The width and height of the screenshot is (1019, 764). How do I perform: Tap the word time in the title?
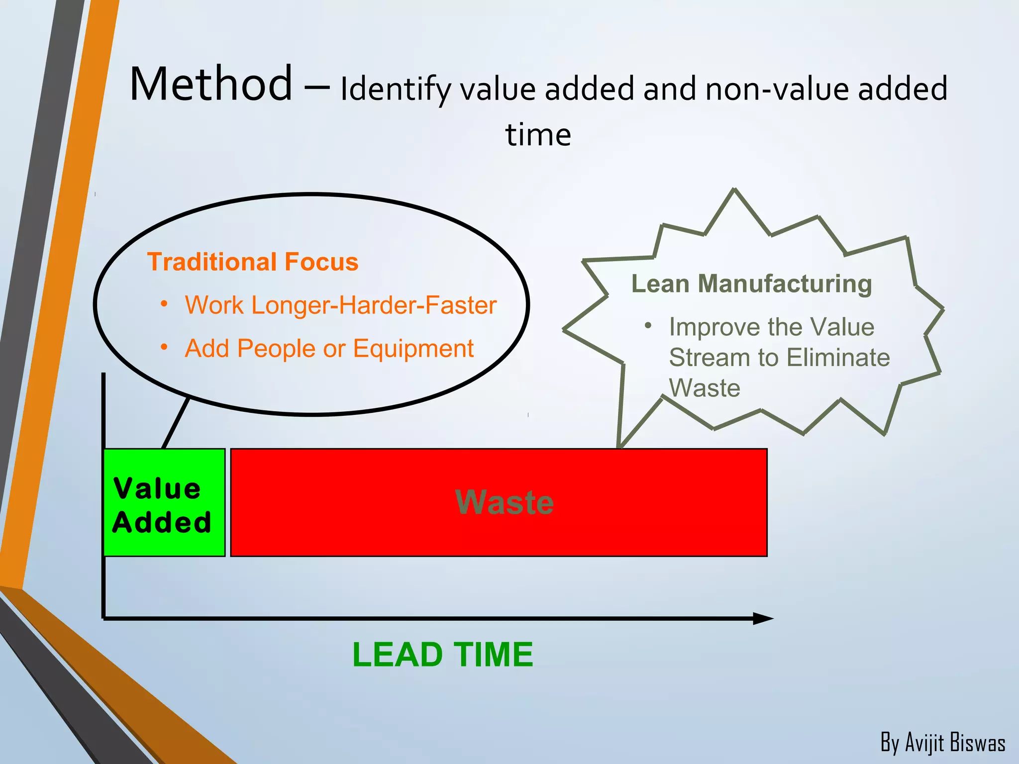[538, 135]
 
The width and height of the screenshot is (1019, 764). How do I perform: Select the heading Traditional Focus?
[253, 262]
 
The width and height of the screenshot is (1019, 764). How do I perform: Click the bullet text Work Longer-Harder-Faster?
[340, 305]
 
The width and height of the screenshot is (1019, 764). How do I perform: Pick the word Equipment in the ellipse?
[413, 348]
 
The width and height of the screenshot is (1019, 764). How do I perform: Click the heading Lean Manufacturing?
[751, 284]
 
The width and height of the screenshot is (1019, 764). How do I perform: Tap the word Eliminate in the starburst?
[838, 357]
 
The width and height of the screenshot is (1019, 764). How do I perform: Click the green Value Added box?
[164, 502]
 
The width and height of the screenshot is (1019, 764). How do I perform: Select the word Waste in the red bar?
[504, 502]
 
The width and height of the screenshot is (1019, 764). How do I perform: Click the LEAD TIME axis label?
[442, 654]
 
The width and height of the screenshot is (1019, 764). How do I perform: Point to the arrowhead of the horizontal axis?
[763, 618]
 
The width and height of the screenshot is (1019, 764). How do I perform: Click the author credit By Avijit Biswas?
[942, 743]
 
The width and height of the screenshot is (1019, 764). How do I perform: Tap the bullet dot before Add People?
[164, 347]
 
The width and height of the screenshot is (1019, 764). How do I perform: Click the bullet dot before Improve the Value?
[647, 326]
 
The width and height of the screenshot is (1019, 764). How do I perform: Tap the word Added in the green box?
[162, 522]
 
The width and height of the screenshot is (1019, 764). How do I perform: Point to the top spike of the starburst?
[734, 191]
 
